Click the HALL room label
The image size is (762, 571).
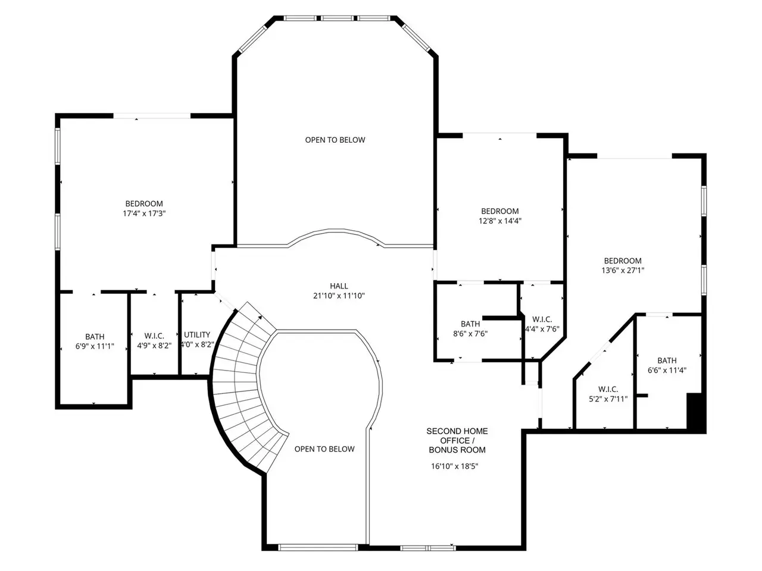tap(339, 286)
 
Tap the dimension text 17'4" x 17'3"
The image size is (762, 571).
tap(144, 213)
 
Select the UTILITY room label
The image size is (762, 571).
tap(197, 334)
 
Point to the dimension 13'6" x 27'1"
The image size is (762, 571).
tap(623, 271)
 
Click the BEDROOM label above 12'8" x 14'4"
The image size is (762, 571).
tap(500, 211)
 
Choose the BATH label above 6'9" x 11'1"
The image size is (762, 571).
tap(95, 337)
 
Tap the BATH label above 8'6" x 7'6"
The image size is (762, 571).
tap(470, 324)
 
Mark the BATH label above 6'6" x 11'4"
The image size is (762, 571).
tap(667, 360)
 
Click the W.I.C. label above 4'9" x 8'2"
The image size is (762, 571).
tap(154, 336)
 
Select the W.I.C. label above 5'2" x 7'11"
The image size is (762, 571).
tap(608, 390)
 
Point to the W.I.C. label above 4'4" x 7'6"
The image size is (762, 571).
tap(542, 319)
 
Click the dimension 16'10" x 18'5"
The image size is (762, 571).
tap(454, 466)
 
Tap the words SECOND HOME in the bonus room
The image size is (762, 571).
tap(457, 431)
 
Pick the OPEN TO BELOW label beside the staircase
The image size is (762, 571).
tap(324, 449)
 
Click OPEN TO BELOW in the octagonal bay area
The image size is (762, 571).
tap(335, 140)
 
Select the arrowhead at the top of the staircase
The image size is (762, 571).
tap(260, 317)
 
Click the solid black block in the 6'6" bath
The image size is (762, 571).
tap(696, 412)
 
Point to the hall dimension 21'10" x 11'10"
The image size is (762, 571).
tap(339, 296)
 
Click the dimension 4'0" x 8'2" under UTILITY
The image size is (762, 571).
tap(197, 344)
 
